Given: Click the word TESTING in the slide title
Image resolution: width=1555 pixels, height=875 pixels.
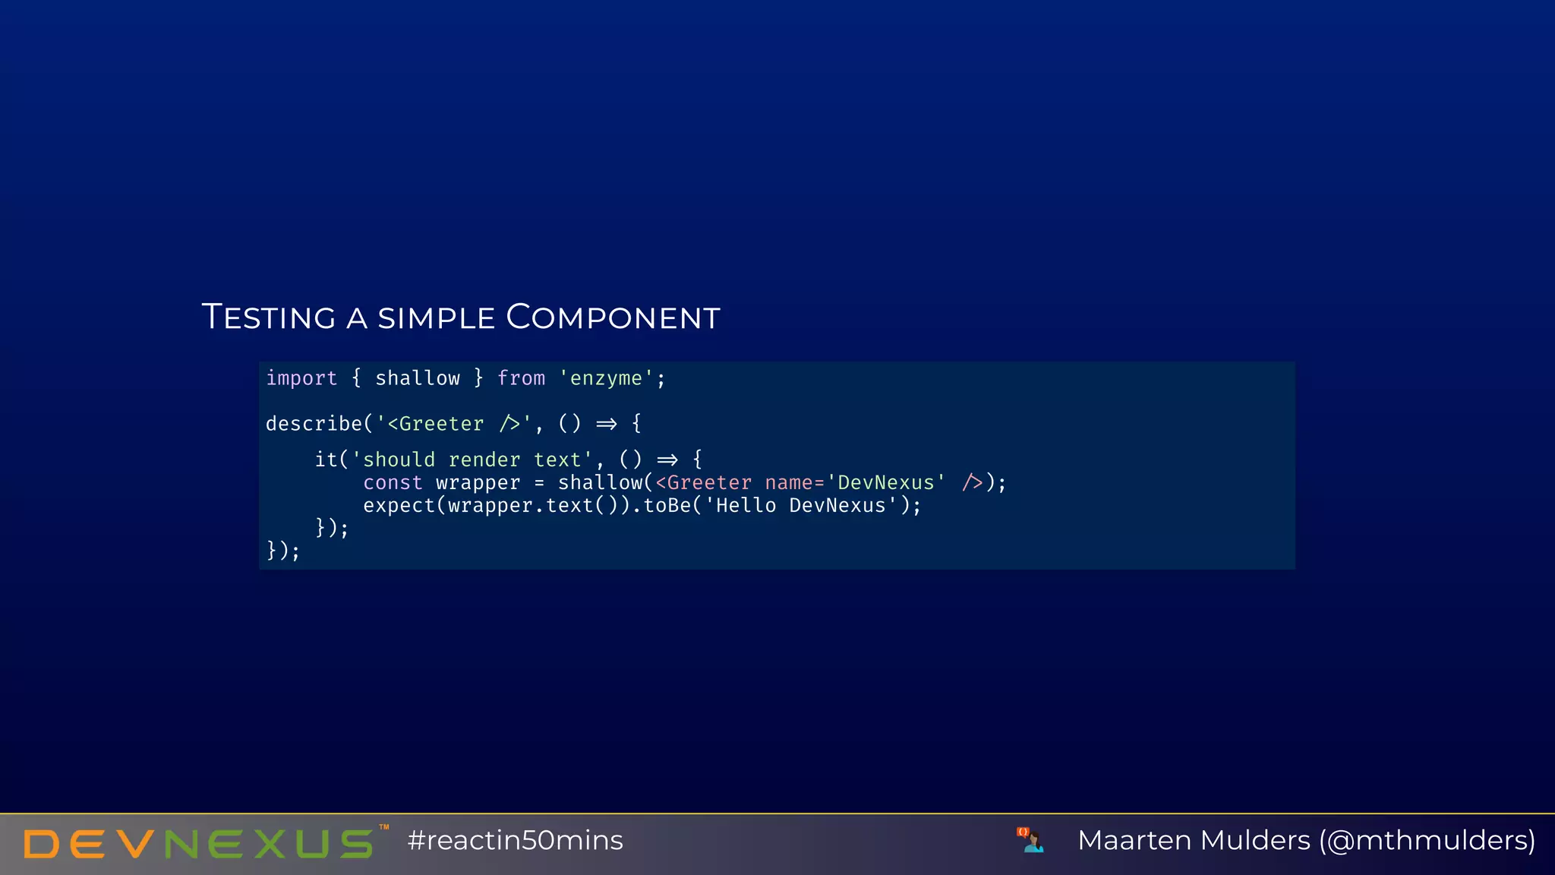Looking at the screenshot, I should [269, 317].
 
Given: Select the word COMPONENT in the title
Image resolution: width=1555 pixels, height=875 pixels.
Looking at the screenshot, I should [613, 317].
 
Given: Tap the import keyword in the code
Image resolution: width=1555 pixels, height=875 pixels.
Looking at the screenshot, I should [301, 378].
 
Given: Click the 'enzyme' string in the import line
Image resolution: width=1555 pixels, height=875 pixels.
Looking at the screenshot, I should [607, 378].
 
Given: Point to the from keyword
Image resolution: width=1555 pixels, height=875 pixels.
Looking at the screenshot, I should [521, 378].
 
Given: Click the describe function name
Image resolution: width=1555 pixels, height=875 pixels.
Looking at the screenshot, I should [314, 424].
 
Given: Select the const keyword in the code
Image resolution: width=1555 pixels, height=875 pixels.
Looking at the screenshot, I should [393, 483].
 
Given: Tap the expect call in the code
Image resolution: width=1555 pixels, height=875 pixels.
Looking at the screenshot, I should [399, 506].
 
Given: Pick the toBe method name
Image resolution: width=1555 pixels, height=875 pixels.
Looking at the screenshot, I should [667, 506].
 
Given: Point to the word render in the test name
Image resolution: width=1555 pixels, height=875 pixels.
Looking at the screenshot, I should [484, 460].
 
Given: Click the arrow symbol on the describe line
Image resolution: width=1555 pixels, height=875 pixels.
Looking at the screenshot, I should [607, 424].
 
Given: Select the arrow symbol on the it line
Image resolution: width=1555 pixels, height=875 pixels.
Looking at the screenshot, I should [667, 460].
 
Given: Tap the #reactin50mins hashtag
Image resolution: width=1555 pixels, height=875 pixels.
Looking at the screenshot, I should [515, 841].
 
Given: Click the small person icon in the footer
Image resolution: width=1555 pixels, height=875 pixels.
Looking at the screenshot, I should [1031, 840].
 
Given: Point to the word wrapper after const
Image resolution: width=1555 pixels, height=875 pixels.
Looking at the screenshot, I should [478, 483].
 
